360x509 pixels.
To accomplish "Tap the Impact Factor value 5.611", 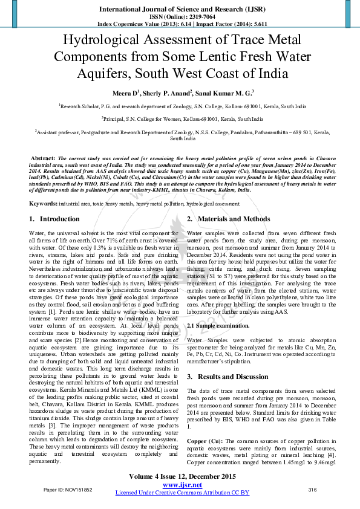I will [253, 24].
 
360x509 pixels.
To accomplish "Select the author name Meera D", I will [125, 93].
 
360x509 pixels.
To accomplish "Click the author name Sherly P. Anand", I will [168, 93].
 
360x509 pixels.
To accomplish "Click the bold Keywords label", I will [44, 204].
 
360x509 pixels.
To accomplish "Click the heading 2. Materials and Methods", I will [229, 219].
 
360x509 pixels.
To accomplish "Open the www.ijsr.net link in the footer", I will [182, 485].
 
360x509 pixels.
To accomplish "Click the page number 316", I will [313, 489].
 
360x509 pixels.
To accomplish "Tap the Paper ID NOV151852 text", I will [68, 489].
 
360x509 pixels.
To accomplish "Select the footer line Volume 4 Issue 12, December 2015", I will [182, 476].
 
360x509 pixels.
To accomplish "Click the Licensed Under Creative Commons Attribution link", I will [182, 493].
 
